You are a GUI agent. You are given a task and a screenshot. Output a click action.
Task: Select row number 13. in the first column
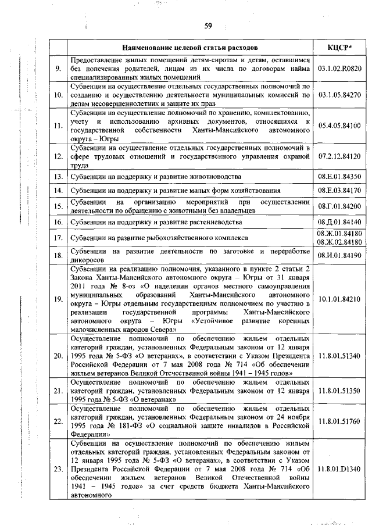[x=58, y=176]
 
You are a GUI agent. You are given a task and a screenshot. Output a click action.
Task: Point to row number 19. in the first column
[x=58, y=299]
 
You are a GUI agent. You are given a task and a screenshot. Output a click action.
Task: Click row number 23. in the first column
[x=58, y=469]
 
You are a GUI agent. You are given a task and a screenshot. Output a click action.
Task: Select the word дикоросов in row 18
[x=87, y=259]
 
